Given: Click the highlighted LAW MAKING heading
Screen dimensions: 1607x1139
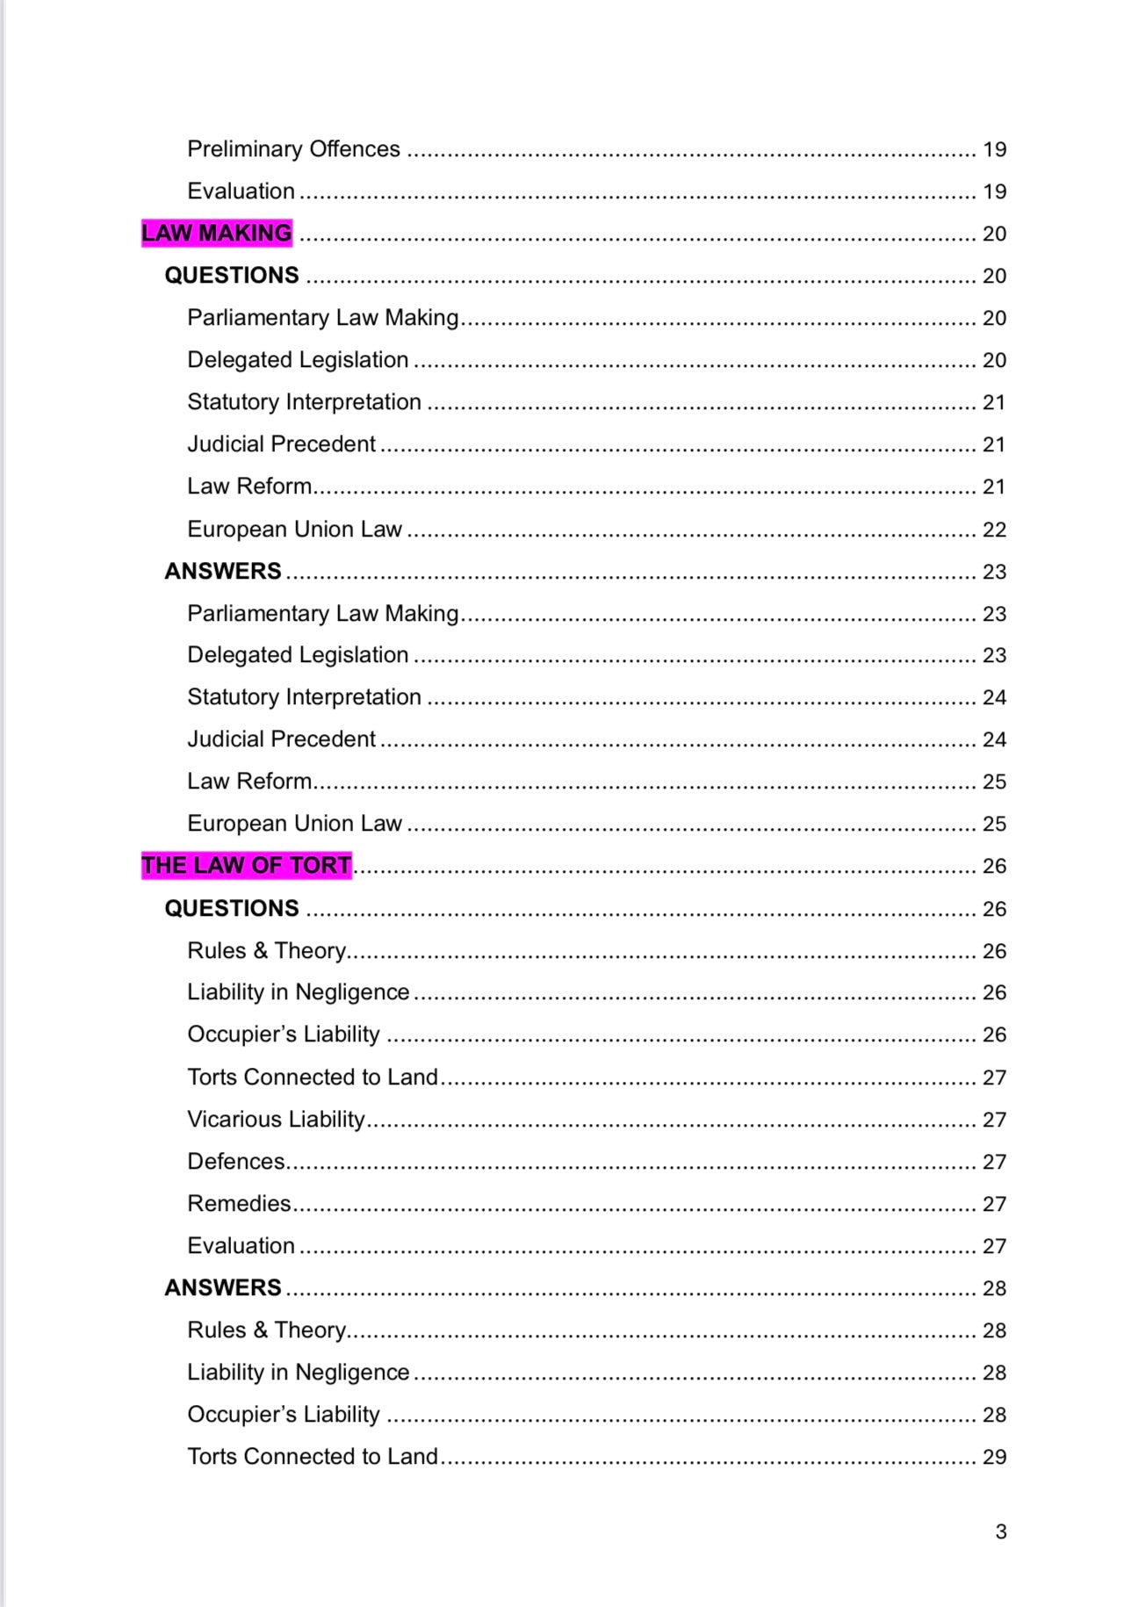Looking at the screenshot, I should (216, 233).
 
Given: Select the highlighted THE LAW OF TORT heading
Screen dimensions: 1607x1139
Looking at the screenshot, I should (246, 866).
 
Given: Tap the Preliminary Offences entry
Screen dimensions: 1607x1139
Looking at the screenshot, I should (293, 149).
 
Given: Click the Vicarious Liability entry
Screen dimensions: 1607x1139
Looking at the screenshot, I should (276, 1119).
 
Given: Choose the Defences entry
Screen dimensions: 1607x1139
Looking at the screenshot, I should (236, 1161).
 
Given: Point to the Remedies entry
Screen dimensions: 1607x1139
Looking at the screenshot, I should (239, 1203).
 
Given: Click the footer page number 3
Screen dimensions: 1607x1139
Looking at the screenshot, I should (1000, 1531).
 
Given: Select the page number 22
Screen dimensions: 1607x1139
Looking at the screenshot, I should (994, 530).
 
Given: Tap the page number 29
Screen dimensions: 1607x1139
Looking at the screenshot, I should (994, 1457).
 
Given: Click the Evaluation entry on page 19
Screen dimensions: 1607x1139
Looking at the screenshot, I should (241, 191).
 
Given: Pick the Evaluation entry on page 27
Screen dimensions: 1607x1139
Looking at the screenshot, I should (241, 1245).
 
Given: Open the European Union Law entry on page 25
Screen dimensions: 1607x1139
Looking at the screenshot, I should (294, 824).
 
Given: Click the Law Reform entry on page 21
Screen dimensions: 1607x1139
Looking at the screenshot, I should (249, 486).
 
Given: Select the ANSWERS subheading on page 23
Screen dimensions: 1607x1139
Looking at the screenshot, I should (223, 571).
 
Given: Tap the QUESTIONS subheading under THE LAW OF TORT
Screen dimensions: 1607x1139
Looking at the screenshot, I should (232, 908).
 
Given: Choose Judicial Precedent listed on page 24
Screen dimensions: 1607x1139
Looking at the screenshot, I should (281, 739).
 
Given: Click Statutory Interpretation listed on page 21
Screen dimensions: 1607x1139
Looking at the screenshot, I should (304, 402).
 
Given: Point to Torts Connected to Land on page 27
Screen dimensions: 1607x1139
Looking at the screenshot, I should (312, 1077).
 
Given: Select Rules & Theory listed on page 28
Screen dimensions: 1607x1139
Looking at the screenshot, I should (266, 1330).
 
